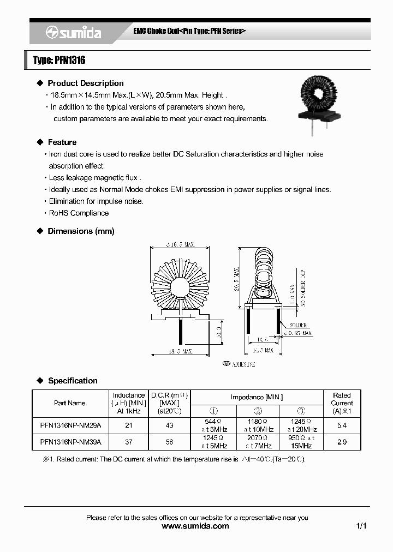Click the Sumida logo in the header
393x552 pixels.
point(73,33)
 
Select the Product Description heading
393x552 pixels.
point(85,83)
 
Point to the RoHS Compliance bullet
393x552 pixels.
point(79,213)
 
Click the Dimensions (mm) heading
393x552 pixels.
point(81,231)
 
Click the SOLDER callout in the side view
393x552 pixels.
point(297,325)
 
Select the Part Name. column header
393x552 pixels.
point(70,403)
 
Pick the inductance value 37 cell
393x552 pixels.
point(128,442)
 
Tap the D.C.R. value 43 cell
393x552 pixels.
point(169,424)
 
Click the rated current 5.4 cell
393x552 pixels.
point(342,424)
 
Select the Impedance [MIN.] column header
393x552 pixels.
point(257,397)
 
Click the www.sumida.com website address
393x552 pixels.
point(196,526)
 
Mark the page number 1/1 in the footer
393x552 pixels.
point(361,526)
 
